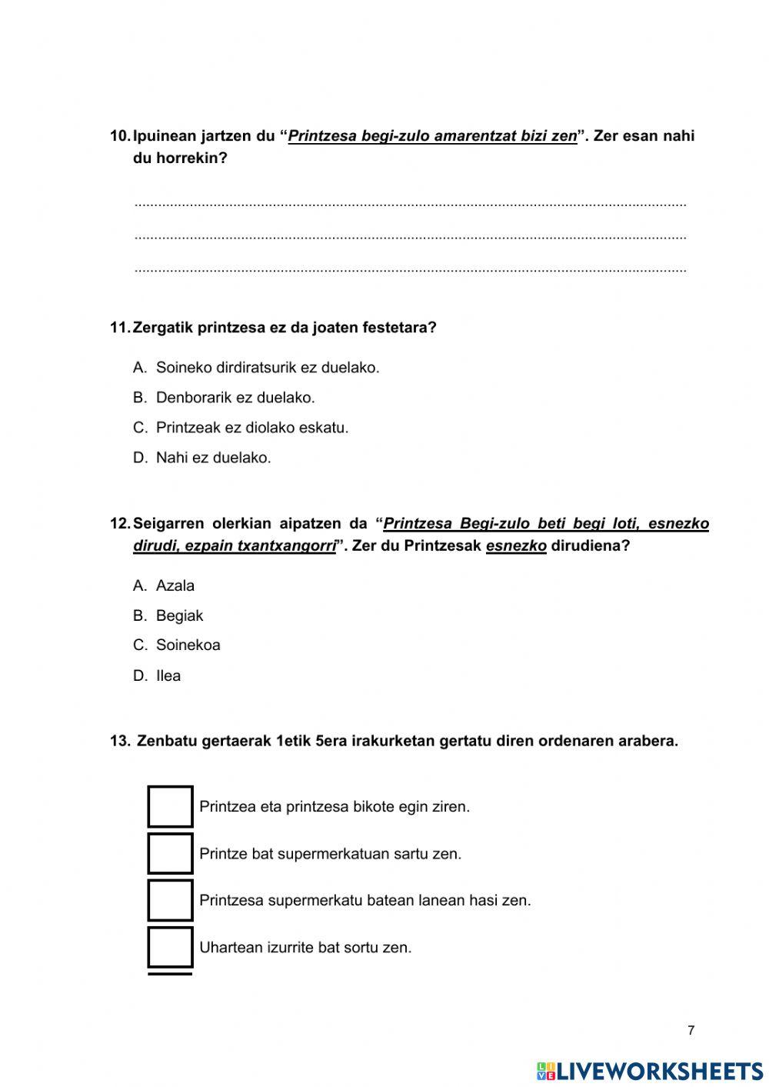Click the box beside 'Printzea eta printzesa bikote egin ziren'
pyautogui.click(x=170, y=806)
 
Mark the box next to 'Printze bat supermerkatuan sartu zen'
pyautogui.click(x=170, y=853)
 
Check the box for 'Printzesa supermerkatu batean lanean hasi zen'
pyautogui.click(x=170, y=900)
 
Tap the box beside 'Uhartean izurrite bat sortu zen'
pyautogui.click(x=170, y=947)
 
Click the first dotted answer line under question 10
pyautogui.click(x=410, y=204)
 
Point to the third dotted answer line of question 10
pyautogui.click(x=410, y=270)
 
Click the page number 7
pyautogui.click(x=691, y=1031)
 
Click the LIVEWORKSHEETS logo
pyautogui.click(x=650, y=1071)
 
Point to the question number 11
pyautogui.click(x=120, y=328)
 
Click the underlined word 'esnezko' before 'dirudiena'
pyautogui.click(x=516, y=546)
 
